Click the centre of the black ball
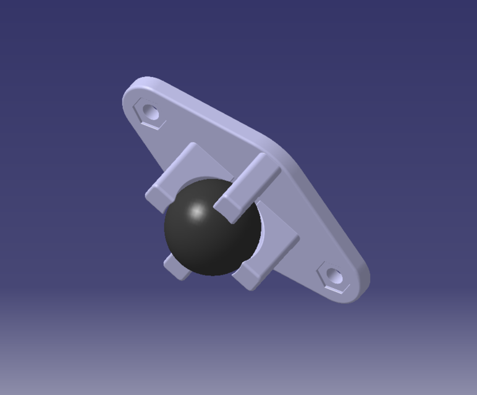coord(212,227)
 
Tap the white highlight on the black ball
coord(197,212)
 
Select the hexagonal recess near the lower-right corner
coord(334,276)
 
